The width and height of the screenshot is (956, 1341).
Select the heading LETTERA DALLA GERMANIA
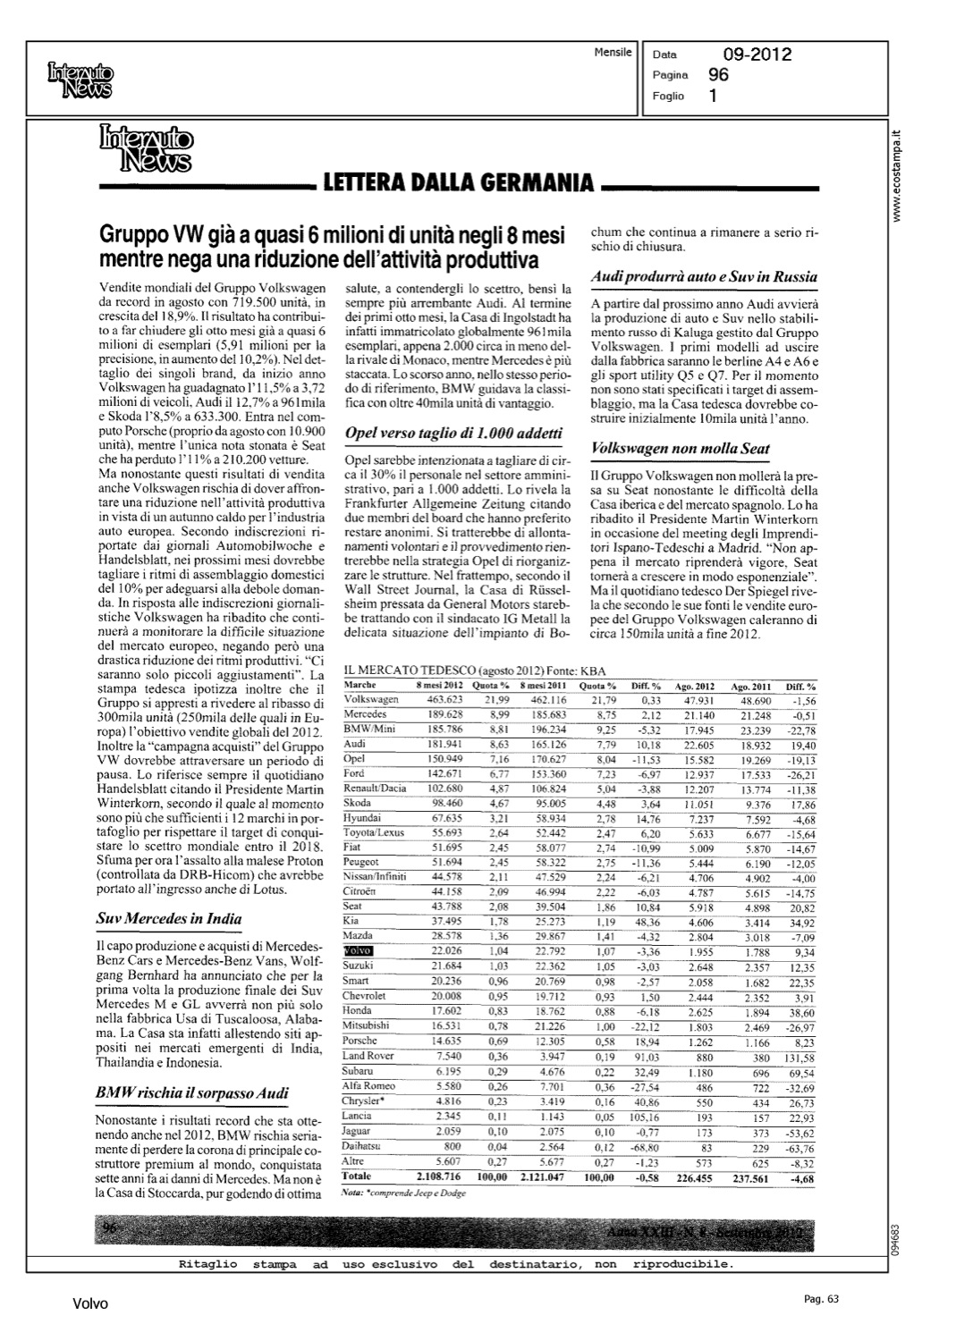point(459,184)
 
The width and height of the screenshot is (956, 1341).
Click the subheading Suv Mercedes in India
point(169,919)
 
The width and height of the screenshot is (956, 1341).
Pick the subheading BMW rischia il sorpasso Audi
point(191,1093)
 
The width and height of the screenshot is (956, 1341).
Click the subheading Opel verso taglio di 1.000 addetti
point(453,434)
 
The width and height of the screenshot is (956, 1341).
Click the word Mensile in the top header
point(613,53)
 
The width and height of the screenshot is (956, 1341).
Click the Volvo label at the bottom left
point(90,1304)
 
